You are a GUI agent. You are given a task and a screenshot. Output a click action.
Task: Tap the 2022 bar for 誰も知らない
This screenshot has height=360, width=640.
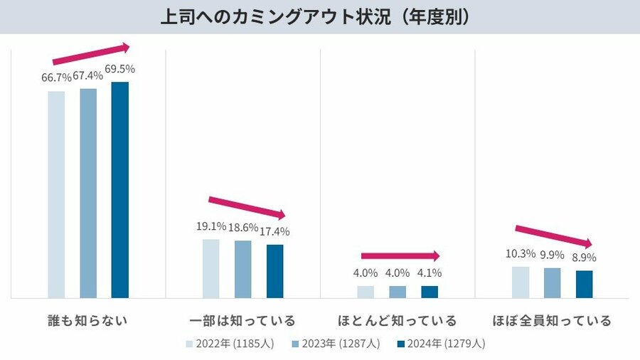pyautogui.click(x=56, y=194)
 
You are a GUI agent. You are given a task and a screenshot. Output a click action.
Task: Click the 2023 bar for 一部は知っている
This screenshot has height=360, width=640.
pyautogui.click(x=242, y=269)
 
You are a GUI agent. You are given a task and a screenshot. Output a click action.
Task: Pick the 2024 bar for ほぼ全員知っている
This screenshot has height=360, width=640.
pyautogui.click(x=584, y=284)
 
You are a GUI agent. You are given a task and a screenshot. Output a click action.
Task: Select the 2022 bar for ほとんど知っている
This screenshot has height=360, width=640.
pyautogui.click(x=366, y=292)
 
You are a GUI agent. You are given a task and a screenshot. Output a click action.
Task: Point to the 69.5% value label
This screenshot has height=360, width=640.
pyautogui.click(x=119, y=69)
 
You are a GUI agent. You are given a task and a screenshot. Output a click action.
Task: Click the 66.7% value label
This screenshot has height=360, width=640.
pyautogui.click(x=56, y=78)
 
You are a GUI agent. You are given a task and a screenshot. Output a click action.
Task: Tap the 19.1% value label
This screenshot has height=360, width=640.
pyautogui.click(x=211, y=226)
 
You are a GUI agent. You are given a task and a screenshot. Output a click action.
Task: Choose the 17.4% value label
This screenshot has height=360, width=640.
pyautogui.click(x=274, y=231)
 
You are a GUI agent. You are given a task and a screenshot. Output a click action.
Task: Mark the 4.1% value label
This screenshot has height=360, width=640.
pyautogui.click(x=430, y=272)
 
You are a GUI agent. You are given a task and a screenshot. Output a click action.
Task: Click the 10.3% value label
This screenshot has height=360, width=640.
pyautogui.click(x=520, y=253)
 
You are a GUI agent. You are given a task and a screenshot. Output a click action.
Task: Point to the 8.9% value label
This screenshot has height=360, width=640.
pyautogui.click(x=584, y=258)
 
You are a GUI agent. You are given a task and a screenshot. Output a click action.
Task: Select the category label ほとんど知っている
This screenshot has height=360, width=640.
pyautogui.click(x=398, y=320)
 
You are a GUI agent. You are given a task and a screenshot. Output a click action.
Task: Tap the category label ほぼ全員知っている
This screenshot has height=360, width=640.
pyautogui.click(x=552, y=320)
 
